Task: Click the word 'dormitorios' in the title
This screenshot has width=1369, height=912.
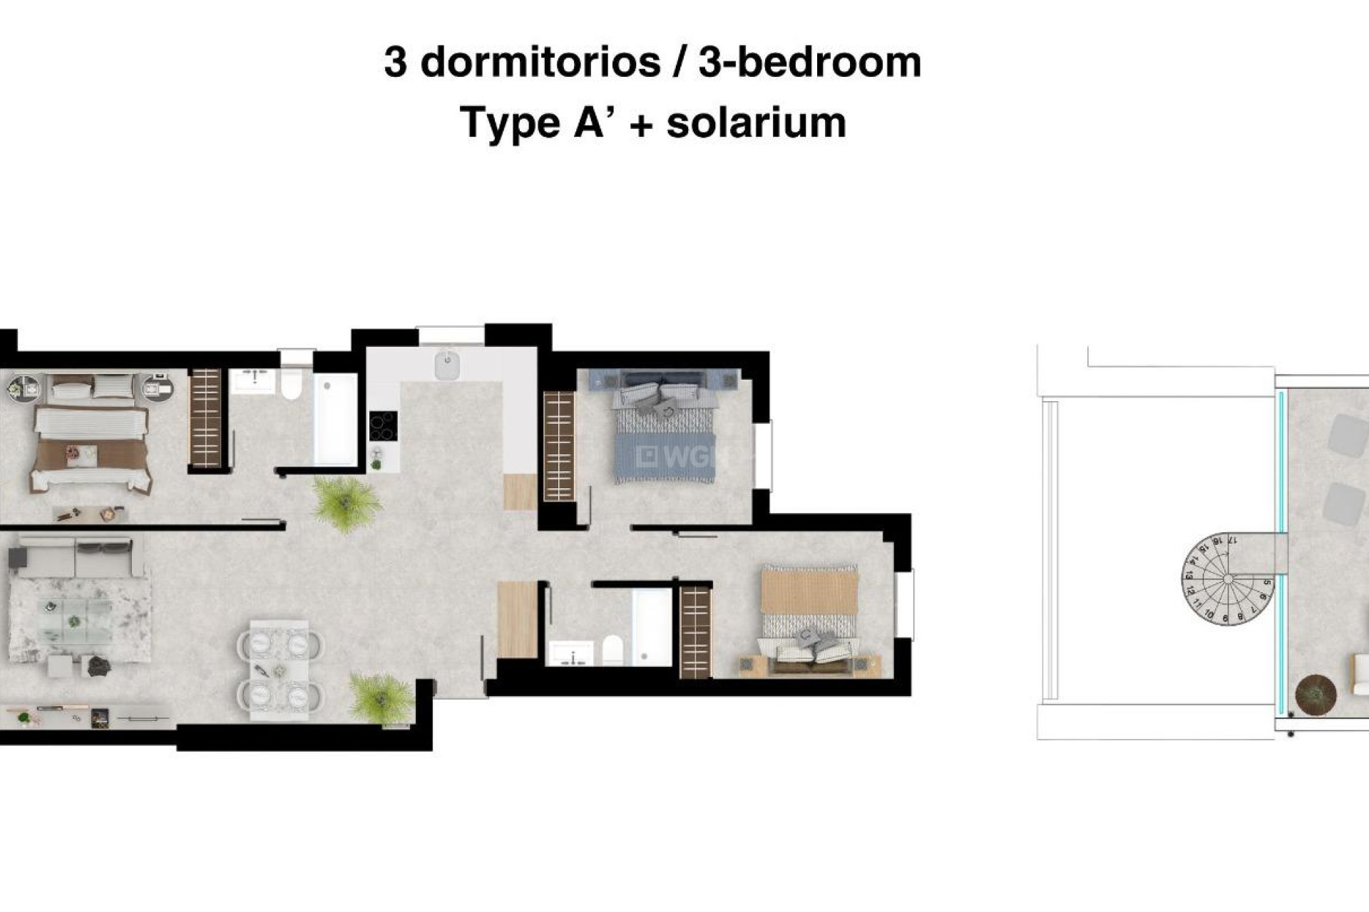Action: [x=540, y=63]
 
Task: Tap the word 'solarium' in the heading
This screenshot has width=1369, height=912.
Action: [x=756, y=123]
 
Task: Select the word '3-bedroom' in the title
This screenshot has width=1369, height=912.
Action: [x=810, y=63]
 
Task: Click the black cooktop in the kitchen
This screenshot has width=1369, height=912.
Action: [x=383, y=426]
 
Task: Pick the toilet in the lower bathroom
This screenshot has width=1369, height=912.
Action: [x=612, y=650]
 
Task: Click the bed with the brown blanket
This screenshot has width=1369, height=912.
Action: [x=91, y=449]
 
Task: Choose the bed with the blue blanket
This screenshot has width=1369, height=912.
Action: [x=665, y=435]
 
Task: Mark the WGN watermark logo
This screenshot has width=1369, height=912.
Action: [x=677, y=457]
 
